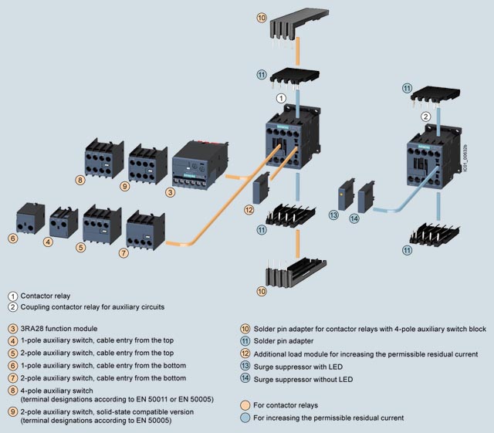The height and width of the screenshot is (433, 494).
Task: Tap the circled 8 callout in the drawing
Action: pyautogui.click(x=80, y=181)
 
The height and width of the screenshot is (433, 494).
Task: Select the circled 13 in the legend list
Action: pyautogui.click(x=245, y=366)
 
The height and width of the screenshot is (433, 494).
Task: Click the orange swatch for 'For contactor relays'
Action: pyautogui.click(x=245, y=405)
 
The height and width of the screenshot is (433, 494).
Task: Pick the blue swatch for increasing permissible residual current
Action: pyautogui.click(x=245, y=418)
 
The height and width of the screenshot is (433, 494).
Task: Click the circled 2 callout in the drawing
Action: pyautogui.click(x=425, y=117)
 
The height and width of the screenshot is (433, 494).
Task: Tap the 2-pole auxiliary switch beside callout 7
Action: pyautogui.click(x=144, y=229)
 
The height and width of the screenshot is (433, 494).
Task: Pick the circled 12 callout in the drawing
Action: pyautogui.click(x=249, y=210)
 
